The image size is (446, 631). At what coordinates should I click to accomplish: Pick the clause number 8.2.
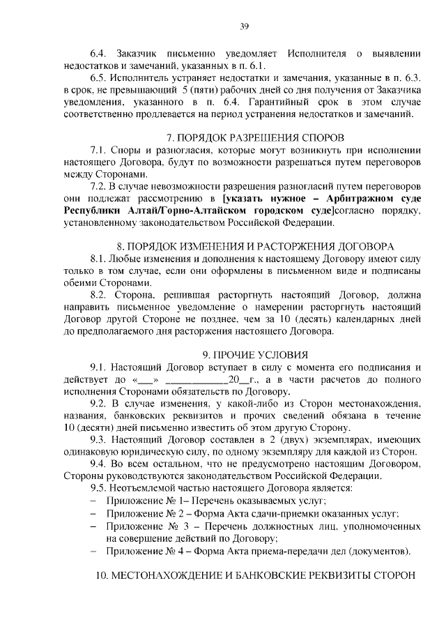click(x=101, y=296)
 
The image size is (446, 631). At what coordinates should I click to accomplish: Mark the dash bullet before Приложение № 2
click(x=94, y=514)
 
